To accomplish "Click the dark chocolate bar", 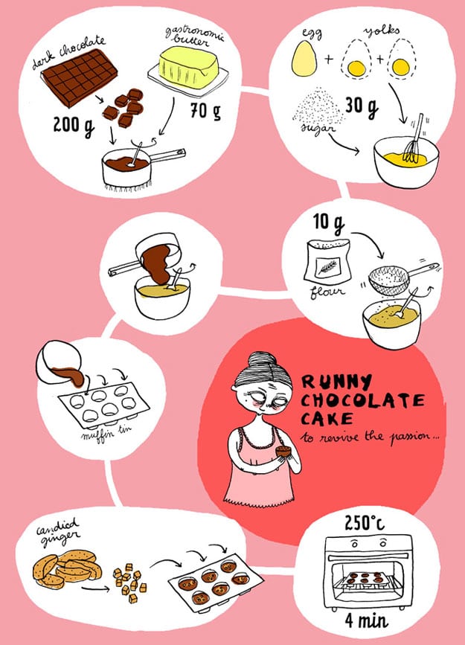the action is pos(80,77).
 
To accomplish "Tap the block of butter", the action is pos(188,67).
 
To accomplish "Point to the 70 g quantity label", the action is pos(205,111).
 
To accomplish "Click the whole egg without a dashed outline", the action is pos(304,59).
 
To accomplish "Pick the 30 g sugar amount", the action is pos(362,106).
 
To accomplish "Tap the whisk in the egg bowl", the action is pos(414,141).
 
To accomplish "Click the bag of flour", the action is pos(327,262).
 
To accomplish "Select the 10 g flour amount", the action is pos(328,223).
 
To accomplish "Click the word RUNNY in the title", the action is pos(336,382).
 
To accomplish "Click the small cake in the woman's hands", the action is pos(283,452).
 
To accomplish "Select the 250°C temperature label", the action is pos(365,523).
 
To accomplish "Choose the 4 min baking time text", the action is pos(366,620).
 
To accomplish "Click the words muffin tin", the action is pos(103,432).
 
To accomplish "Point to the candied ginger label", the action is pos(58,532).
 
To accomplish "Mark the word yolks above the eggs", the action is pos(381,32).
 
